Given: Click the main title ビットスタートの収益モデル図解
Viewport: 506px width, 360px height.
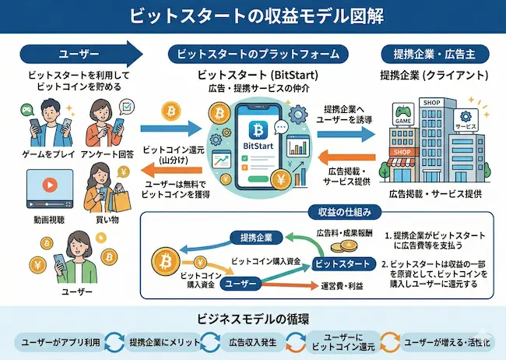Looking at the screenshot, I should coord(252,16).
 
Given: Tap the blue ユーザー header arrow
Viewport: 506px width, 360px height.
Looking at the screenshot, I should coord(78,54).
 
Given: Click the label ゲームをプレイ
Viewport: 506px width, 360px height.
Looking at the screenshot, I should coord(37,154).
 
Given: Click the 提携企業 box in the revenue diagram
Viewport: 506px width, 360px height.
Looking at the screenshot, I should coord(256,237).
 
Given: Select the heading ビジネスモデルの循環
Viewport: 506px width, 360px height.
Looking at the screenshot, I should coord(252,319).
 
